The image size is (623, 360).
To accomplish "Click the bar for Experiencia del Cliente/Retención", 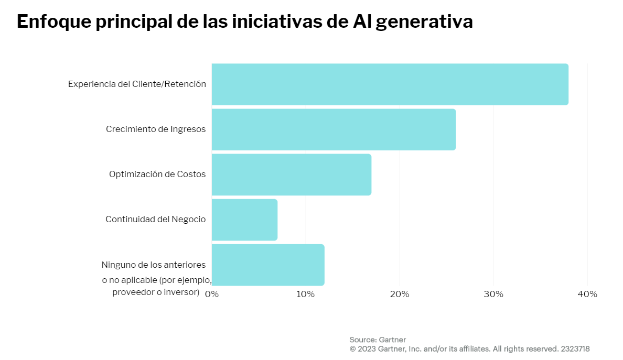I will (x=390, y=84).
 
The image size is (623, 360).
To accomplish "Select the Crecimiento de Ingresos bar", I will (x=334, y=129).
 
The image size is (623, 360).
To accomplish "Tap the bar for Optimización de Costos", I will (x=291, y=174).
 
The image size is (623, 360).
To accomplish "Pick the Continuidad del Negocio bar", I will (x=244, y=220).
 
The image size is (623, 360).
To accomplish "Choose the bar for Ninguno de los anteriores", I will (x=268, y=265).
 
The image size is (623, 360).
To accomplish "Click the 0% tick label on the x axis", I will (x=212, y=294).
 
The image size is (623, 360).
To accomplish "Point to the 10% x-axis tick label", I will (x=306, y=294).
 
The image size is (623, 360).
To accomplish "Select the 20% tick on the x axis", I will (x=400, y=294).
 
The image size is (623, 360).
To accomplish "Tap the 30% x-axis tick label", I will (x=493, y=294).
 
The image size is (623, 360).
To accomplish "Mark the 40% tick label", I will (x=587, y=294).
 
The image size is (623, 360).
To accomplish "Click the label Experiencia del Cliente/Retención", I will (x=137, y=84).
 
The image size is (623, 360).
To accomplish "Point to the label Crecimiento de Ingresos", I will (x=156, y=129).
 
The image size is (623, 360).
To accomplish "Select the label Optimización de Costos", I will (x=157, y=174).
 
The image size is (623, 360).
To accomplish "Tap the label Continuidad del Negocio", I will (x=156, y=219).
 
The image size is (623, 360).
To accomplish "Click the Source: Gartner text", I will (x=378, y=340).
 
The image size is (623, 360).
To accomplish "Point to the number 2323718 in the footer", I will (x=575, y=348).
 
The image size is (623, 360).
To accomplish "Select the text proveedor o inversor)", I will (x=156, y=292).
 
